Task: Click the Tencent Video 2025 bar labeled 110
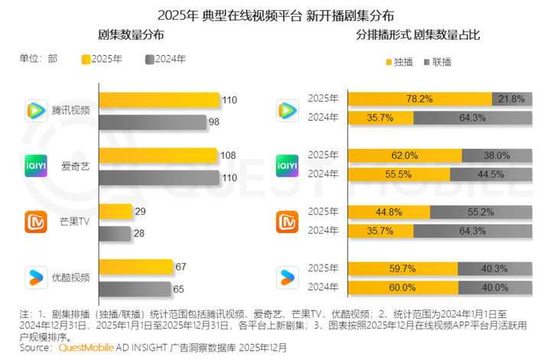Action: pos(158,100)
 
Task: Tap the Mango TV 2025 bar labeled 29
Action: pos(114,212)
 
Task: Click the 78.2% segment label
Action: pos(420,99)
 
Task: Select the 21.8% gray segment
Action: pos(511,99)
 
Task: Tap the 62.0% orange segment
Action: pos(405,155)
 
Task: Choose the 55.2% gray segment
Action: pos(481,212)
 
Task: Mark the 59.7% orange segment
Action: pos(402,268)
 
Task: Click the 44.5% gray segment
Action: pos(491,174)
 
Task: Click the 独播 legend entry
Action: pos(401,61)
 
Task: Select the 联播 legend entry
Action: pos(438,61)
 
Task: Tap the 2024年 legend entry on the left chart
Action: pos(167,60)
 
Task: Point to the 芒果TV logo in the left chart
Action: pos(37,223)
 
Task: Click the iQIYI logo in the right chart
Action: pos(287,165)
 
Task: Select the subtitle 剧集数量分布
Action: pos(130,36)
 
